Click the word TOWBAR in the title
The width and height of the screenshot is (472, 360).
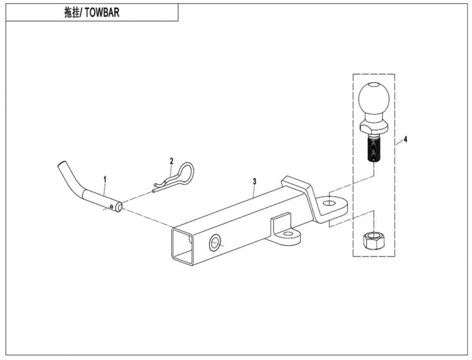(102, 13)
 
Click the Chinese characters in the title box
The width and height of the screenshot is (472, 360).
(72, 13)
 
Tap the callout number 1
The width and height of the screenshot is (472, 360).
(105, 180)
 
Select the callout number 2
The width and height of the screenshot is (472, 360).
(171, 160)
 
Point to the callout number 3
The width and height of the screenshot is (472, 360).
(255, 181)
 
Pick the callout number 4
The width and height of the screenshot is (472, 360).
(405, 139)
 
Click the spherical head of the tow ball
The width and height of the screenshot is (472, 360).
(374, 98)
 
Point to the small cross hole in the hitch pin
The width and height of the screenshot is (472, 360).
(112, 206)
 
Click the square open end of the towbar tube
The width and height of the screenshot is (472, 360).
(182, 246)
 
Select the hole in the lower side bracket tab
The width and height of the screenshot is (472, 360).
(288, 233)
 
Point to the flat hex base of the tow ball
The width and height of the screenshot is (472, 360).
(374, 127)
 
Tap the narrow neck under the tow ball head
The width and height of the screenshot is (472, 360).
(374, 117)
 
